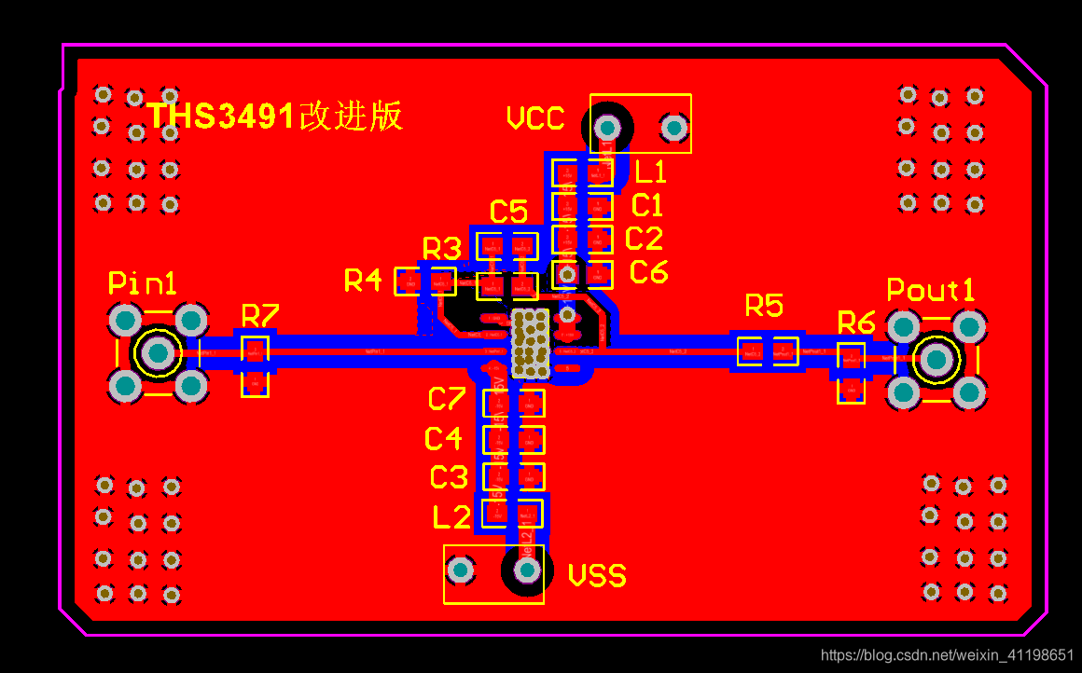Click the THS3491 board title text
[275, 116]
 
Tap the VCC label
[535, 118]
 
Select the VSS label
[597, 575]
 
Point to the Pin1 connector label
[142, 282]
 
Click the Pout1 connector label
[930, 290]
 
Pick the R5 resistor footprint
[768, 350]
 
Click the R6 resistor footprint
[851, 372]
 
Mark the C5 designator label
[508, 212]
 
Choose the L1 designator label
[650, 172]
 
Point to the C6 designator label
[648, 272]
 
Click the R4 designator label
[363, 280]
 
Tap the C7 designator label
[446, 399]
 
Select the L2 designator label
[451, 516]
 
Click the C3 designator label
[448, 477]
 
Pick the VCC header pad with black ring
[608, 125]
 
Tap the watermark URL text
[947, 654]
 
